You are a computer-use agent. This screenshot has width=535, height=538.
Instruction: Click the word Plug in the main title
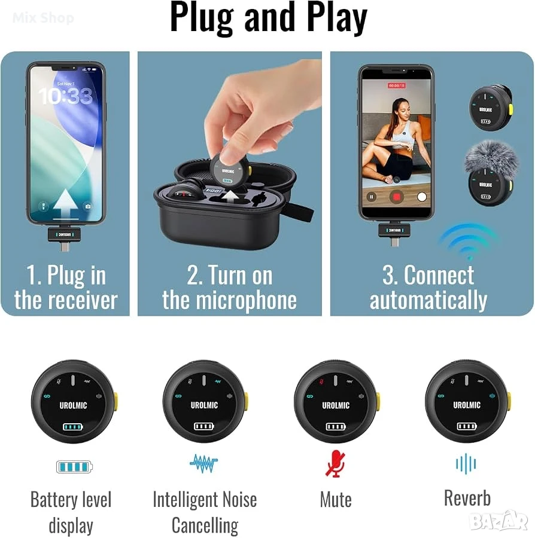click(x=202, y=18)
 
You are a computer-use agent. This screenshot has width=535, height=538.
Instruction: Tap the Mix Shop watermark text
click(x=43, y=17)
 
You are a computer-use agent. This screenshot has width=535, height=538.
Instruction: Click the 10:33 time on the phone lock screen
click(x=65, y=96)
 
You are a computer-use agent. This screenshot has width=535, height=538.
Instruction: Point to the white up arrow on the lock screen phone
click(x=65, y=203)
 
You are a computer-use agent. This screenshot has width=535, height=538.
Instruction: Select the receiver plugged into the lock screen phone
click(x=64, y=237)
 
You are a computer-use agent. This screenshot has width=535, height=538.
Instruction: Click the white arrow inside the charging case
click(x=230, y=197)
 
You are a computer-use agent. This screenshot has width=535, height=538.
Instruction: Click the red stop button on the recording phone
click(x=396, y=197)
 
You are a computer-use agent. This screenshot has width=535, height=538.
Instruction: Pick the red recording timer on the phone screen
click(x=397, y=85)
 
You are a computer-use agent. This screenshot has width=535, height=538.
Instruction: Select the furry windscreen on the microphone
click(x=491, y=158)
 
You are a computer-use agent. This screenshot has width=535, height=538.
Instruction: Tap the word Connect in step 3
click(x=439, y=275)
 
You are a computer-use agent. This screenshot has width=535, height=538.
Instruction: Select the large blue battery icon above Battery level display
click(x=74, y=467)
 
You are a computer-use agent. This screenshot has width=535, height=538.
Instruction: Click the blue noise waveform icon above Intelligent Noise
click(x=204, y=463)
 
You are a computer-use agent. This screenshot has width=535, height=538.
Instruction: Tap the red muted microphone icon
click(x=335, y=464)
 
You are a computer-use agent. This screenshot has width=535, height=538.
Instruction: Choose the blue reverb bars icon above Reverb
click(x=466, y=464)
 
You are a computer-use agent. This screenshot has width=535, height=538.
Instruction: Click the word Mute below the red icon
click(x=336, y=500)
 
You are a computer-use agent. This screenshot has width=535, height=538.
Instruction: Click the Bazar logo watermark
click(x=498, y=521)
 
